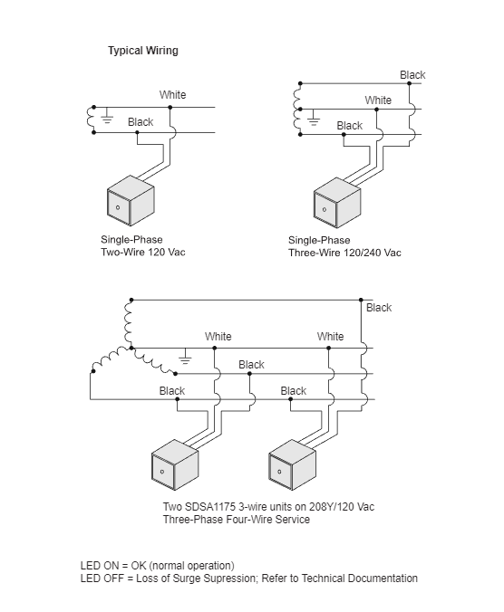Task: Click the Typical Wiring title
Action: [143, 51]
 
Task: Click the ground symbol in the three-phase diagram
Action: [185, 357]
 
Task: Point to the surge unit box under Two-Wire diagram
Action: [131, 201]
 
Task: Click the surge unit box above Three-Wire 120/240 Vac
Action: [337, 203]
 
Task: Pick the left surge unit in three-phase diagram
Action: [175, 464]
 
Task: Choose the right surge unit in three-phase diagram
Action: [292, 464]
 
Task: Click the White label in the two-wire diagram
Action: [173, 95]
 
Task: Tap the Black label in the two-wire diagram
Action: [141, 122]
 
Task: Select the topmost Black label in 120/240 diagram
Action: [412, 75]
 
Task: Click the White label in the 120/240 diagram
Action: [378, 100]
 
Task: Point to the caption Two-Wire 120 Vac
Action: [143, 253]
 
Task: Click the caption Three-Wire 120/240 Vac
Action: [344, 253]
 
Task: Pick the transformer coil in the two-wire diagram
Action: [91, 120]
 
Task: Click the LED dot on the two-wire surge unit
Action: [118, 207]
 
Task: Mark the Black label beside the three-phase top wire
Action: [379, 308]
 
